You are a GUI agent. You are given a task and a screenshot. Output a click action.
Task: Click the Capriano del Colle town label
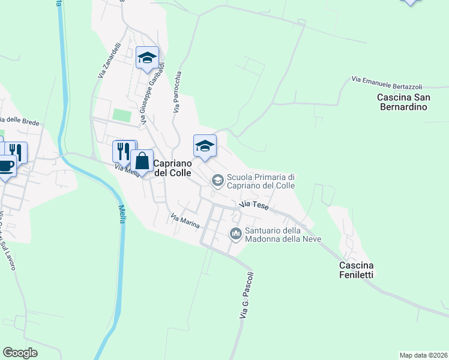[173, 168]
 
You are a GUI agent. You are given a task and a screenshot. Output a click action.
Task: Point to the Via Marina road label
[184, 221]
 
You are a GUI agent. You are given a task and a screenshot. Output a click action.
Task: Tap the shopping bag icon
[142, 161]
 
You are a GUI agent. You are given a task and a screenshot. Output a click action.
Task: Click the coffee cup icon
[6, 166]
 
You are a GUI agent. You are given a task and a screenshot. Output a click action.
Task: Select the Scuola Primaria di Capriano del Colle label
[261, 181]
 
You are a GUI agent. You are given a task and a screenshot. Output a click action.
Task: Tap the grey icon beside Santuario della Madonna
[235, 233]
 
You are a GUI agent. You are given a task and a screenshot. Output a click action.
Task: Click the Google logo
[20, 353]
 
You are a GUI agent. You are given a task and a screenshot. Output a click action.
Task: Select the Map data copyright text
[423, 355]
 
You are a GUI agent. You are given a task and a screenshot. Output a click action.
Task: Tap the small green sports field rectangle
[122, 115]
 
